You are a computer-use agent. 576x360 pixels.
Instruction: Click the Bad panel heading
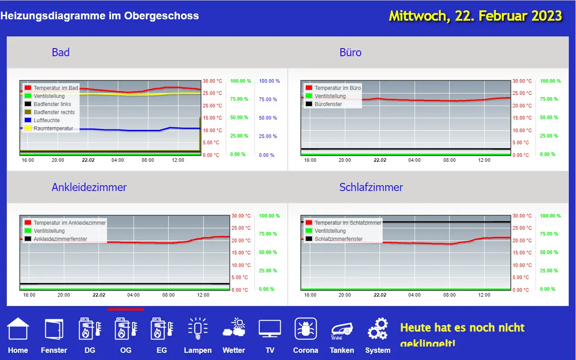[61, 53]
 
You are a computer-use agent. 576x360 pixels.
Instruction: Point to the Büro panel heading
[350, 53]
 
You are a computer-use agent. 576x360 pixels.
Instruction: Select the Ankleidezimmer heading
[89, 187]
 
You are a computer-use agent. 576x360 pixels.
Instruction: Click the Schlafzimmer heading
[371, 187]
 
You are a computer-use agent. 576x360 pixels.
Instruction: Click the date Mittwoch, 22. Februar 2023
[475, 16]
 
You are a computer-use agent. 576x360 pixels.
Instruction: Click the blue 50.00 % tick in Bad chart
[268, 118]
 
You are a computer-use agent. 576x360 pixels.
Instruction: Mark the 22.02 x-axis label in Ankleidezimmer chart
[99, 295]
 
